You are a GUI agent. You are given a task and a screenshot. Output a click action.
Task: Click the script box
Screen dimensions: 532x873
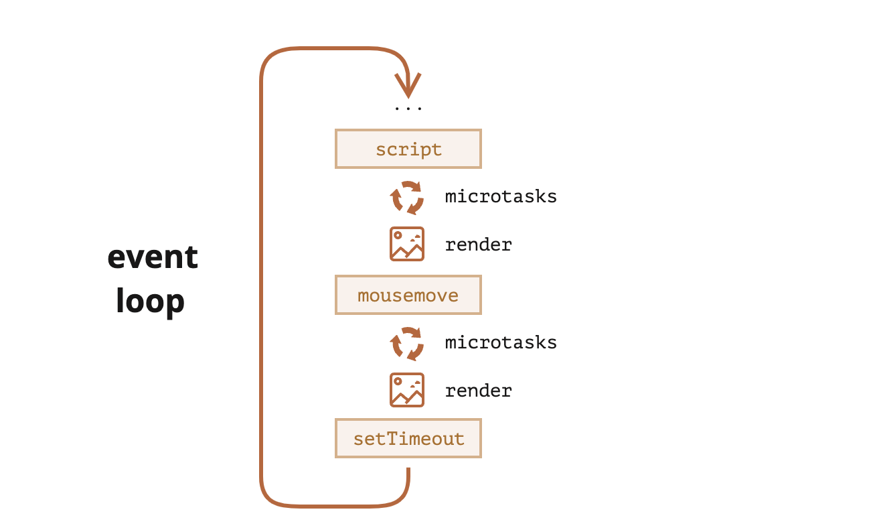[408, 149]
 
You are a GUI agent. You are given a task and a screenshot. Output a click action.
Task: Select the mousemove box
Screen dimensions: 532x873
[408, 295]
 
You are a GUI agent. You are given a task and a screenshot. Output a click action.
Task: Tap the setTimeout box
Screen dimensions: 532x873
[408, 438]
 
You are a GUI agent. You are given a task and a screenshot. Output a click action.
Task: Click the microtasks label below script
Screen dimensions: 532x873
[501, 196]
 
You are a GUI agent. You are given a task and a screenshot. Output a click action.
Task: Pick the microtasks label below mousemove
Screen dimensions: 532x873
[501, 342]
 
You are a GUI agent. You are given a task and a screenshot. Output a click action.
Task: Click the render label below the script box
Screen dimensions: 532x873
[478, 245]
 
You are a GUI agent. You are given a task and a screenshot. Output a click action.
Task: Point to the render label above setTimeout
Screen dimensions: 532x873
[478, 391]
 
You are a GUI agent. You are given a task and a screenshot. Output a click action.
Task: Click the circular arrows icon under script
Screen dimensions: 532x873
[407, 198]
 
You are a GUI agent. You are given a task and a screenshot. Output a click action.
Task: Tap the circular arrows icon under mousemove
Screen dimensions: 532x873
[407, 344]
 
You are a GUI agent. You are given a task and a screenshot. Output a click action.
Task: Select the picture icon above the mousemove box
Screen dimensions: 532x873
[407, 244]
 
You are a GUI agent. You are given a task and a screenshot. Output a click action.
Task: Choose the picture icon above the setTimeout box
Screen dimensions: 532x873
[407, 390]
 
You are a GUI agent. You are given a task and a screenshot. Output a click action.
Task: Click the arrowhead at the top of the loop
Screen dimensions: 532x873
[408, 86]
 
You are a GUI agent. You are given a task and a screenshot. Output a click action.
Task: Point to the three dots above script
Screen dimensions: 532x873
[408, 108]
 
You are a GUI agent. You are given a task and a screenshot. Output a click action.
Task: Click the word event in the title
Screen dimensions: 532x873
[153, 257]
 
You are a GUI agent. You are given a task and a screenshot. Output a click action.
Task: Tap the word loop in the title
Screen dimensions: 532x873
[150, 301]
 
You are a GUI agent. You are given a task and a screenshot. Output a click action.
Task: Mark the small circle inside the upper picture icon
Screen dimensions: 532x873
[398, 235]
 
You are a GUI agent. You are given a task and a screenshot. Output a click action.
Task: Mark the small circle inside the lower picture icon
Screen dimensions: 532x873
[398, 381]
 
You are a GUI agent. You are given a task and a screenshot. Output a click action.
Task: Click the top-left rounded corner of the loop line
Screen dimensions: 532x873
[270, 57]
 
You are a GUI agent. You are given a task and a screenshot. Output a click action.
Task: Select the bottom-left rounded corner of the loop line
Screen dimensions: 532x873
[270, 497]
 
